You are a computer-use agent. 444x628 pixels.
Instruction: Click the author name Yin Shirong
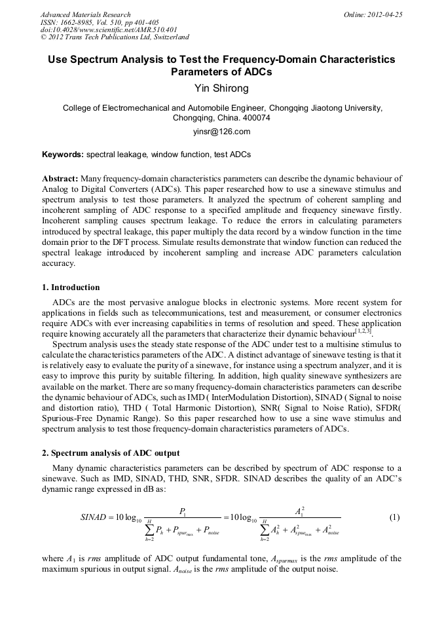222,88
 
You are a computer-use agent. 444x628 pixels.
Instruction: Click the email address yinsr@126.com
222,132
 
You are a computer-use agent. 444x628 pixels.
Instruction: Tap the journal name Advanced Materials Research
85,14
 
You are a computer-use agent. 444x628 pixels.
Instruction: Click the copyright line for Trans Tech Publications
115,38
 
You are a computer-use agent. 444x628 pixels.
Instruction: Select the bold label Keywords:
63,155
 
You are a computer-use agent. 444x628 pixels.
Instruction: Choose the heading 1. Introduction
71,287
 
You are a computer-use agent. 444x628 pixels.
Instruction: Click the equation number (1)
394,517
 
